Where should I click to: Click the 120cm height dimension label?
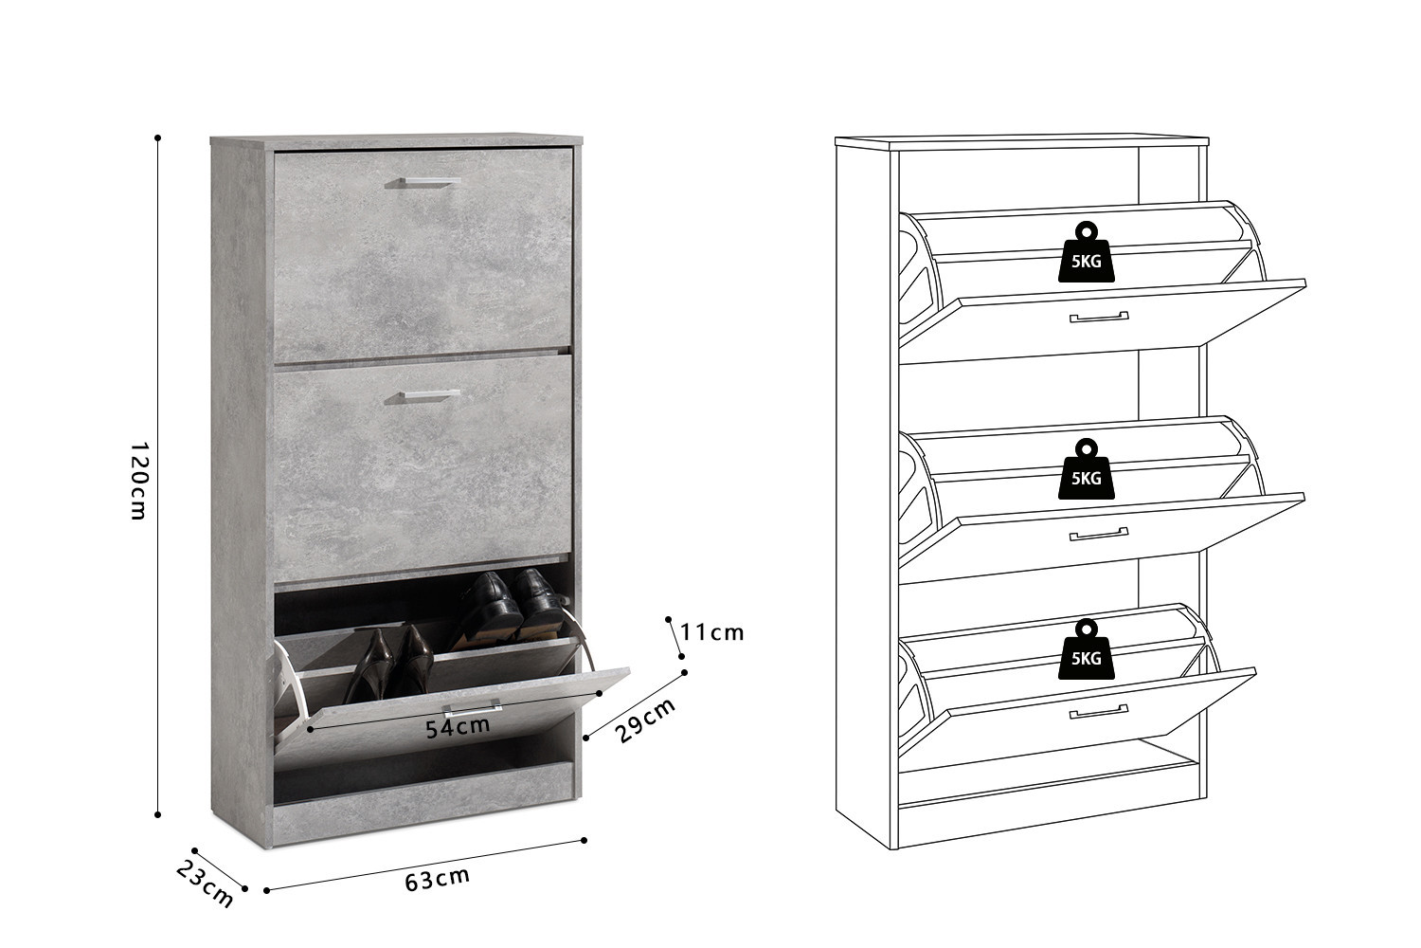(x=138, y=481)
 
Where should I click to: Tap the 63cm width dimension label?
(x=438, y=880)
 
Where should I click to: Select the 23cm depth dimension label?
(x=205, y=883)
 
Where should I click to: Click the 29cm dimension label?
(x=645, y=720)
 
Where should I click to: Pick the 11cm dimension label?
(x=711, y=633)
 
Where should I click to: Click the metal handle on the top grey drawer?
(x=423, y=183)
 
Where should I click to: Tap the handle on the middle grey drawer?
(x=423, y=396)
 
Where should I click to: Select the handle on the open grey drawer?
(x=473, y=707)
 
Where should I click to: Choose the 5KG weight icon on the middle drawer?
(x=1086, y=468)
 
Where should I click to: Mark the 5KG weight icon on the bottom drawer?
(x=1086, y=649)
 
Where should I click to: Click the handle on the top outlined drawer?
(x=1099, y=317)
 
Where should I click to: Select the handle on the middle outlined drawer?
(x=1099, y=534)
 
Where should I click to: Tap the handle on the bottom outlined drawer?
(x=1099, y=712)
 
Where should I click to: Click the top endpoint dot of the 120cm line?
(x=158, y=137)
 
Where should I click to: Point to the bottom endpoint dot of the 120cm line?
(x=158, y=814)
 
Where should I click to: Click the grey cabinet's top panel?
(x=397, y=140)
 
